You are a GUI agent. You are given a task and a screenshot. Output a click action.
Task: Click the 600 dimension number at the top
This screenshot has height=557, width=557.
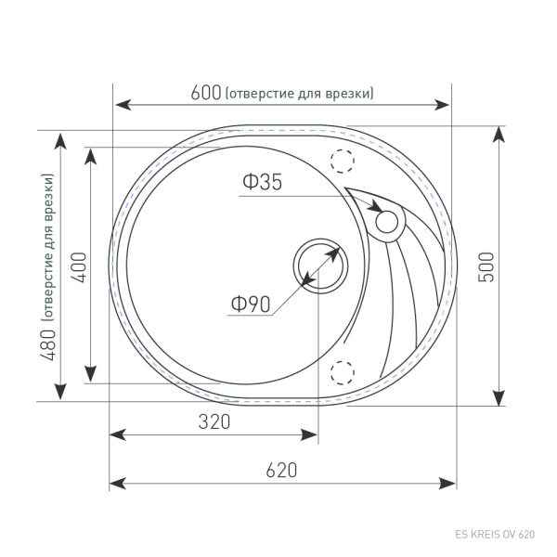tap(205, 93)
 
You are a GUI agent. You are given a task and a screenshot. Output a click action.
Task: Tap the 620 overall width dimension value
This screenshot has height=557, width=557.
tap(280, 470)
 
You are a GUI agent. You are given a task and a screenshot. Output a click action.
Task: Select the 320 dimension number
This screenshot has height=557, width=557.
tap(214, 421)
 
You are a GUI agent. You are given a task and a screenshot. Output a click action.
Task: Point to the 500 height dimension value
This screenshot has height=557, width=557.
tap(485, 266)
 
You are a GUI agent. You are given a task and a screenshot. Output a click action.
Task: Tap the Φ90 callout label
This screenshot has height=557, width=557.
tap(250, 304)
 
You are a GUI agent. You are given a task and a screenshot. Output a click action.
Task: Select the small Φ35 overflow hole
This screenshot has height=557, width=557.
tap(385, 221)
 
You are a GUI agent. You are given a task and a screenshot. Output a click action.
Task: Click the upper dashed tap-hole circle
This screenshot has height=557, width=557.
tap(343, 161)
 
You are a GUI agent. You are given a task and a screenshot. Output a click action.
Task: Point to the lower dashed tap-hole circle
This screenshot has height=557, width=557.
tap(343, 372)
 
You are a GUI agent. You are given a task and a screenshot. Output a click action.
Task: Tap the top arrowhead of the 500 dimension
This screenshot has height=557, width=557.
tap(499, 134)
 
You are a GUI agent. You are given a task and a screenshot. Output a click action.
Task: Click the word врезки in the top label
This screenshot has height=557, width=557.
tap(352, 93)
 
